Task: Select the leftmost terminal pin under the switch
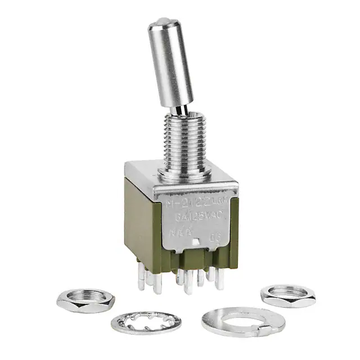[141, 280]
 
